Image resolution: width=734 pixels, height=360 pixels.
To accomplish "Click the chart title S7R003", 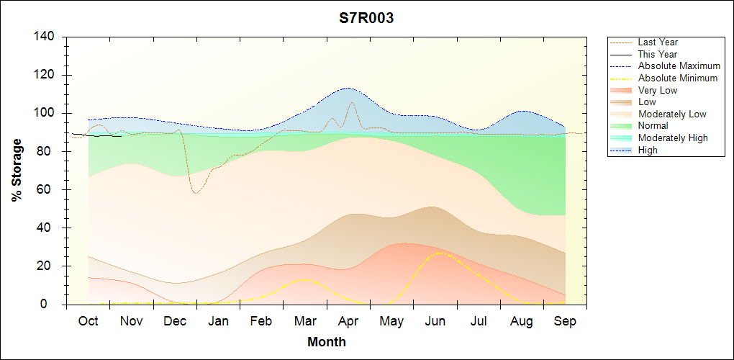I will (x=366, y=19).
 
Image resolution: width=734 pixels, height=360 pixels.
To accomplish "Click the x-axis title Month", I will (x=326, y=342).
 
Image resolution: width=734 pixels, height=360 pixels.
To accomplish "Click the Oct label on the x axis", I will (x=89, y=321).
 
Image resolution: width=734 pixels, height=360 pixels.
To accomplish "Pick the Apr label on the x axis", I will (x=348, y=321).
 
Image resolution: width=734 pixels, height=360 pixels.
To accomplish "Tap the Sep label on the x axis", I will (x=565, y=321).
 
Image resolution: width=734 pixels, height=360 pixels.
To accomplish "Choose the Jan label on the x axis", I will (x=218, y=321).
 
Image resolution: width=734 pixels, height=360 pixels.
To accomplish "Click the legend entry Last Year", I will (x=658, y=42).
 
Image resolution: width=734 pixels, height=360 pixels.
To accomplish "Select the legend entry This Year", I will (x=658, y=54).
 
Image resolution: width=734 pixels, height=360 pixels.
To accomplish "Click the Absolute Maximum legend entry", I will (x=679, y=66).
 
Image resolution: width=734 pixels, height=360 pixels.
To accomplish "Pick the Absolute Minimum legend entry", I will (x=677, y=78).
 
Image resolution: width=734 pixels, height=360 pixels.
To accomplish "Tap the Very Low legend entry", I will (x=658, y=90).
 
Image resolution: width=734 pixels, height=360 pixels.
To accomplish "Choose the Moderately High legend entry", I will (x=673, y=138).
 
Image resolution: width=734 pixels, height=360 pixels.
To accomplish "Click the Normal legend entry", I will (x=653, y=126).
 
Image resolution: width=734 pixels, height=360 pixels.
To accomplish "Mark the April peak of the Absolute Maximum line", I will (x=348, y=88).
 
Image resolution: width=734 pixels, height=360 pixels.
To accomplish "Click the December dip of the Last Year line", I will (x=195, y=193).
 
